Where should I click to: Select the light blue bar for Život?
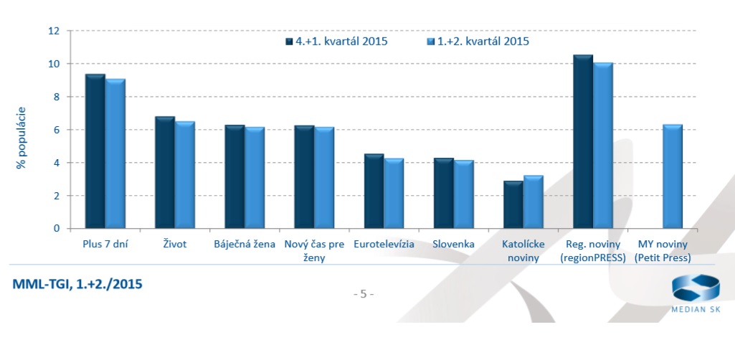[x=185, y=176]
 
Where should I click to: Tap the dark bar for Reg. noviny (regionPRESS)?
[x=583, y=142]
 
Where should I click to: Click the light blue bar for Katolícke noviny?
[x=533, y=202]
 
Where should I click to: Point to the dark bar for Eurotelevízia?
[x=374, y=191]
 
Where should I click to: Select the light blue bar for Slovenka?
[x=463, y=194]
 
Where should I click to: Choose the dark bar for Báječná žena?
[x=234, y=177]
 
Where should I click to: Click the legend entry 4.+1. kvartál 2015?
[x=336, y=41]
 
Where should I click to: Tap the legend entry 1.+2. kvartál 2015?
[x=478, y=41]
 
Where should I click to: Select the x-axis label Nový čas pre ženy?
[x=314, y=250]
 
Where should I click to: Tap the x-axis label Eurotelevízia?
[x=384, y=245]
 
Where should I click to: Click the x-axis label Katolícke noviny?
[x=523, y=250]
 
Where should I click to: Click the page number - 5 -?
[x=364, y=294]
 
